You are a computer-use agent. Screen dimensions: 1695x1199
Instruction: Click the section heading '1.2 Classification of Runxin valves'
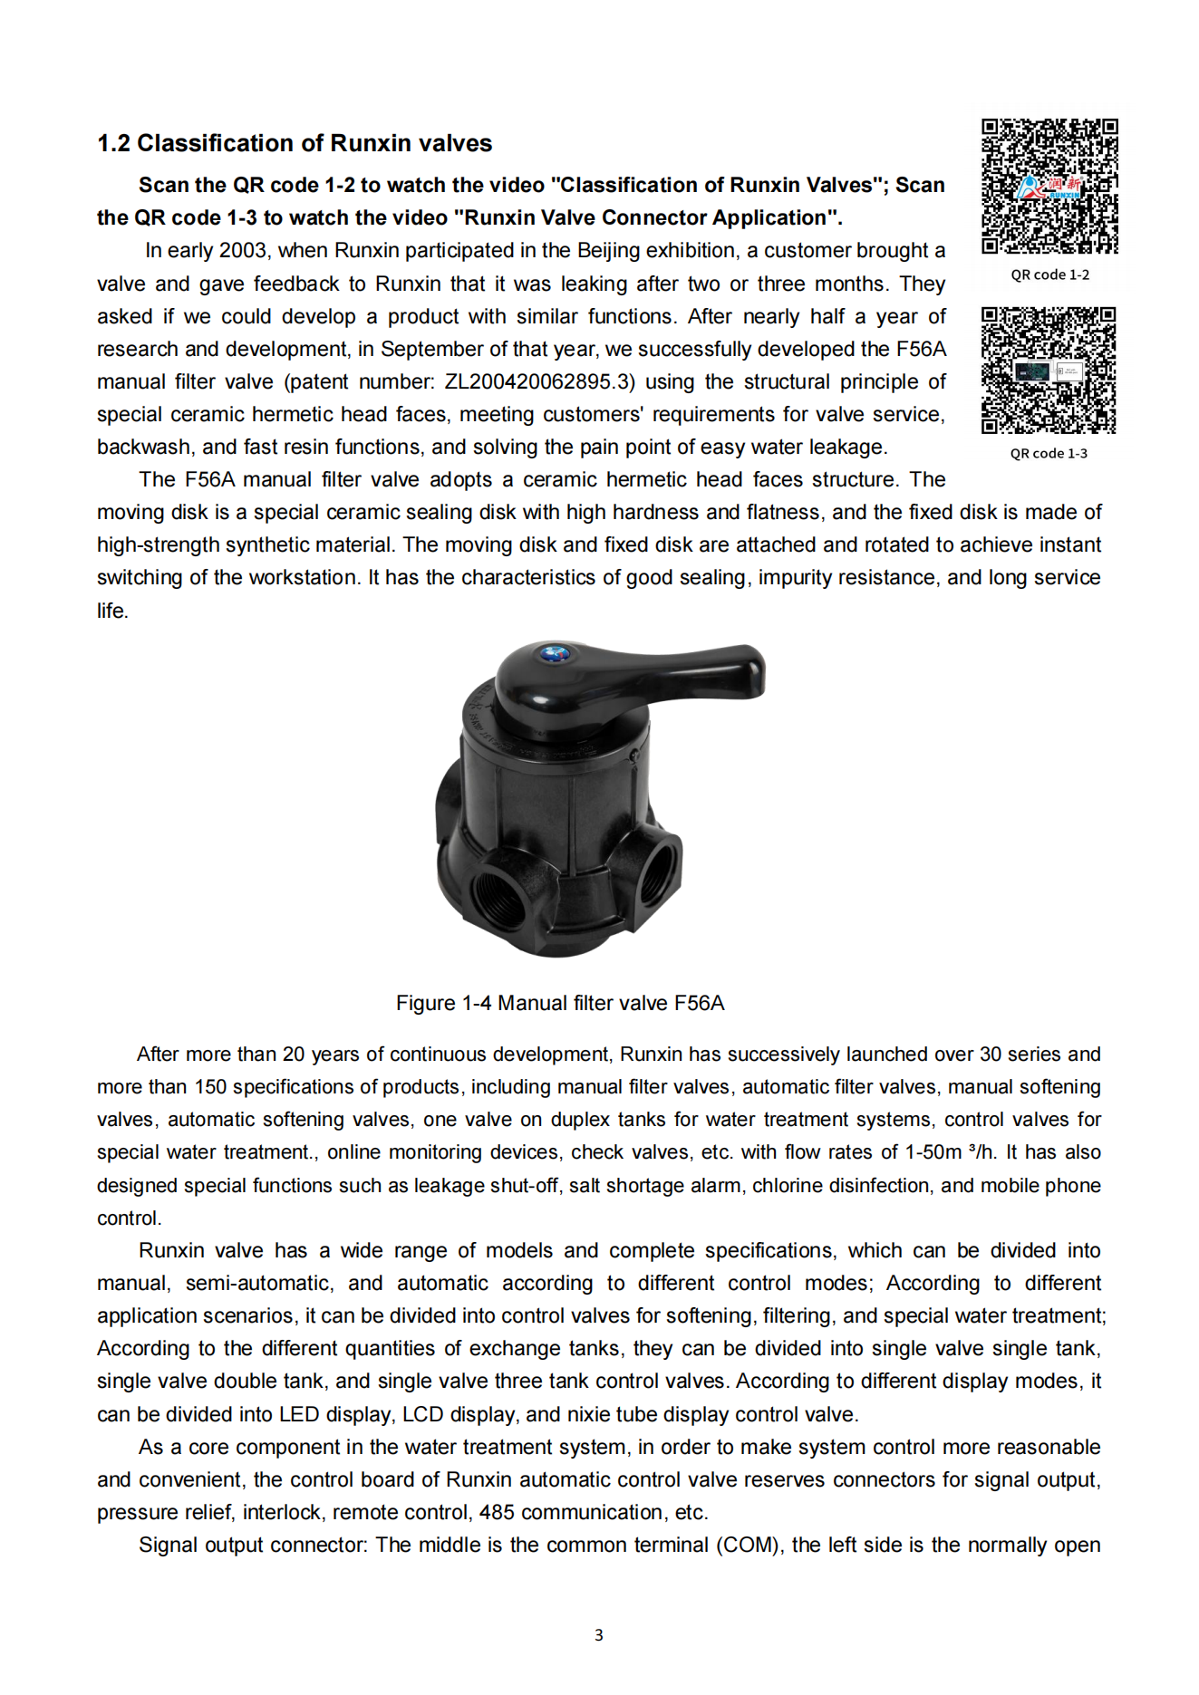point(295,143)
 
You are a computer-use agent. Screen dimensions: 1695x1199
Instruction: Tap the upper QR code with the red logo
point(1049,186)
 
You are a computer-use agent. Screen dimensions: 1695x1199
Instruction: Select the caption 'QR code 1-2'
point(1049,274)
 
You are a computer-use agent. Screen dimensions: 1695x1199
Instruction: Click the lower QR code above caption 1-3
point(1049,371)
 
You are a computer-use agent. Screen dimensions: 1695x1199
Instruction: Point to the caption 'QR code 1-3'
point(1049,453)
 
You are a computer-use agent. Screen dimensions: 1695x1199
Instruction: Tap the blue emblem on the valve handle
point(553,652)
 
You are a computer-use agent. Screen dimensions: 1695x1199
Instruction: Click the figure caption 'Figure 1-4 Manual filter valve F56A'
point(560,1003)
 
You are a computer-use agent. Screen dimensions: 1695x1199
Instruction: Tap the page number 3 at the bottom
point(598,1634)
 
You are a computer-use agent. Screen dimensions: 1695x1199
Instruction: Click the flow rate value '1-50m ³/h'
point(951,1152)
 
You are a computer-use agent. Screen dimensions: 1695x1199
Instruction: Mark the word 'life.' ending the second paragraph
point(113,611)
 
